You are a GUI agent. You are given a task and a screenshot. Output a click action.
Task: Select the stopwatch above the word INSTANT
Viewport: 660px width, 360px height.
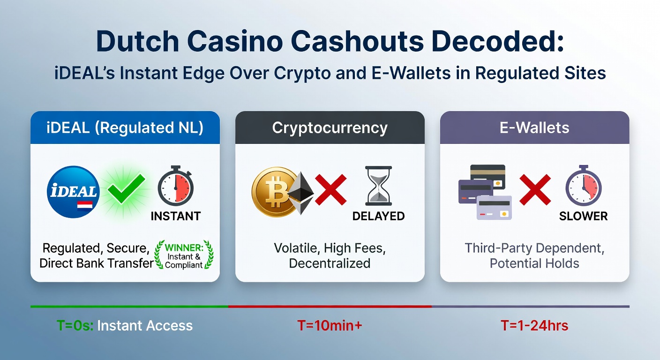(x=175, y=186)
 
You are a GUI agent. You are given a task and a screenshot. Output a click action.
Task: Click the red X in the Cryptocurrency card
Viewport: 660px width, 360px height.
(x=330, y=190)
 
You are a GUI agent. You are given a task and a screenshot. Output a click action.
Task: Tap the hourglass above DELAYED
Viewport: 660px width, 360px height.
(x=378, y=186)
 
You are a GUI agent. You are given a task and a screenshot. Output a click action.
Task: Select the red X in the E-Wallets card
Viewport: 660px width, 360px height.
(x=535, y=190)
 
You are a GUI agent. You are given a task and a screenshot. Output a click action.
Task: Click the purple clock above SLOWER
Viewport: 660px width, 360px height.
(x=583, y=186)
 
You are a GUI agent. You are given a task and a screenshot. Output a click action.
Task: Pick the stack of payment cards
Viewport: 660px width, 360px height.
(x=485, y=192)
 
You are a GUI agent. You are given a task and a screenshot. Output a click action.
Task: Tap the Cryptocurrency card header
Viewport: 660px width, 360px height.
(x=330, y=128)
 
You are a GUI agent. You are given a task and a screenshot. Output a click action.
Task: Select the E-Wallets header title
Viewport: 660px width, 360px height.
(x=534, y=128)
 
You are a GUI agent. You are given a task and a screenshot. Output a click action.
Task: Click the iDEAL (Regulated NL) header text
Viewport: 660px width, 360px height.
(x=125, y=128)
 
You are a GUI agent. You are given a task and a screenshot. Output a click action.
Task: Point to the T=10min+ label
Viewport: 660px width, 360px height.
(x=330, y=325)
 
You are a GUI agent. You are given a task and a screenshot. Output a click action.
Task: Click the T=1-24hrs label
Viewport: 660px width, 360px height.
(x=534, y=325)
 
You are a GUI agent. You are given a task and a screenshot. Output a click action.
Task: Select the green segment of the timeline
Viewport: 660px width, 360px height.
(x=129, y=307)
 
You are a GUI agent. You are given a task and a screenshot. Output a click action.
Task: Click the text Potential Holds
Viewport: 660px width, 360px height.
(x=534, y=263)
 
